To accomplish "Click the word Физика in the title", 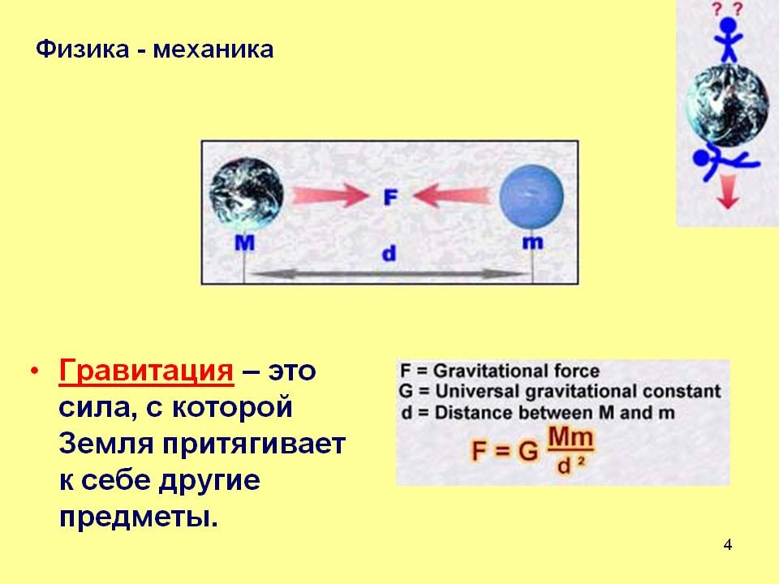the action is click(83, 50).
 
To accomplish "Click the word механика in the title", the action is click(213, 50).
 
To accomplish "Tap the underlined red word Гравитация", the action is click(146, 371).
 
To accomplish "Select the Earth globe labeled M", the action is click(246, 193).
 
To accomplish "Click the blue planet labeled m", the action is click(532, 197).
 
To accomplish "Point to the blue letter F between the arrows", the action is click(390, 197).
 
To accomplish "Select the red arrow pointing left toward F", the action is click(453, 195).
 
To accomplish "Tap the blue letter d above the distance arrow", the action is click(389, 253).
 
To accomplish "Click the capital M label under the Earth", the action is click(244, 243).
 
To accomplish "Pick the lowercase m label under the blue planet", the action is click(532, 242).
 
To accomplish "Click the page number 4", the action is click(727, 545).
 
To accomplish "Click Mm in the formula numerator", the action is click(570, 437).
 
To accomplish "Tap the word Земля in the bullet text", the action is click(106, 444).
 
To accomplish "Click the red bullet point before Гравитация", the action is click(34, 371).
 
